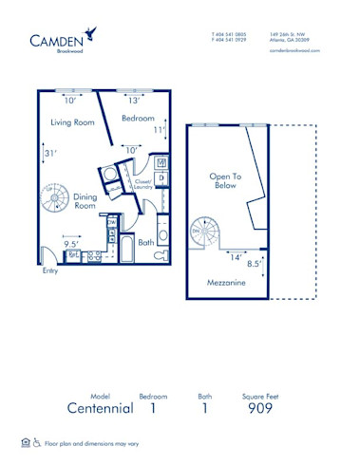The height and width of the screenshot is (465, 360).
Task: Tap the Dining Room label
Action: point(85,201)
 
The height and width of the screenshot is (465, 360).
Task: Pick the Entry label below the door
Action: point(49,270)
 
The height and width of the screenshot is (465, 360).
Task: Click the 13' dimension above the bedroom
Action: point(134,100)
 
